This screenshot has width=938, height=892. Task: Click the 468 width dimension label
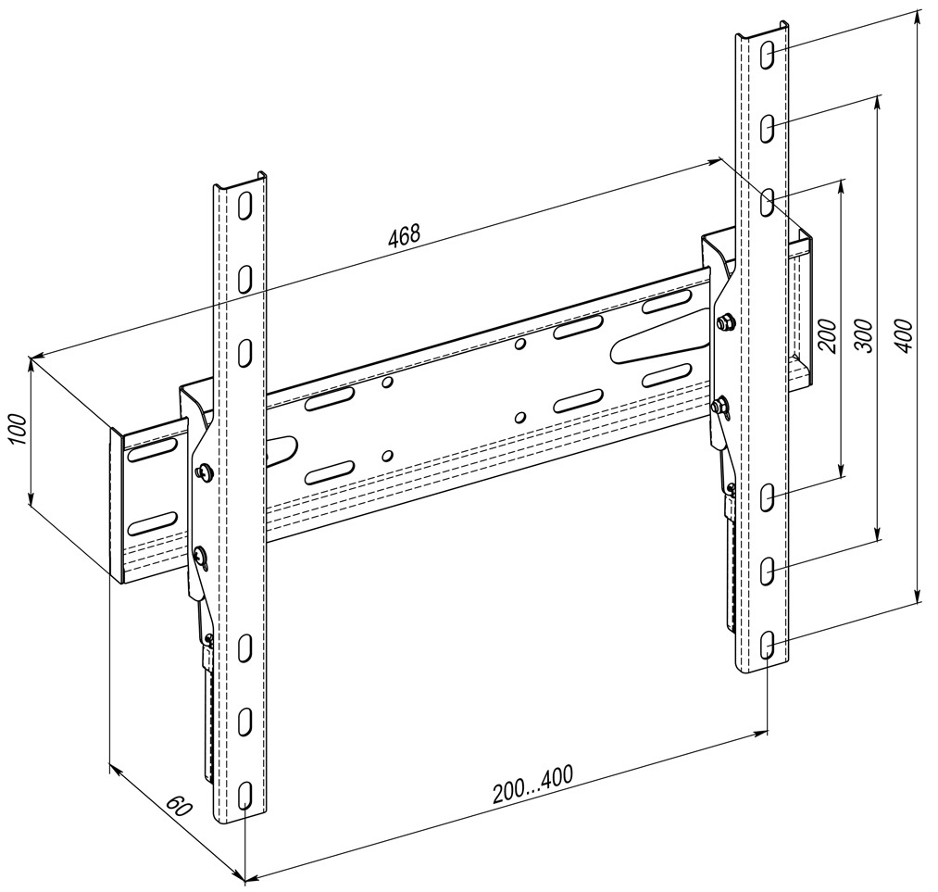(405, 235)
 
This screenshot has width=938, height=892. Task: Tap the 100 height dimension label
(19, 429)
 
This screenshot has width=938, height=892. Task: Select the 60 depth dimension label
(179, 807)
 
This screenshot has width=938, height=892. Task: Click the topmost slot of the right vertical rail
(767, 55)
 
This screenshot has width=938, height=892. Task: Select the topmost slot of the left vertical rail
(244, 206)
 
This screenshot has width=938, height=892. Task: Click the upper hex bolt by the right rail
(724, 320)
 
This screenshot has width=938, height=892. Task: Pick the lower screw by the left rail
(200, 557)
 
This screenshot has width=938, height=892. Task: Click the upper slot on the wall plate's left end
(153, 448)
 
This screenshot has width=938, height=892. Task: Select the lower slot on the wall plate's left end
(153, 522)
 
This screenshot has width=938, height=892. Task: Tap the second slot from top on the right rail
(767, 128)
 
